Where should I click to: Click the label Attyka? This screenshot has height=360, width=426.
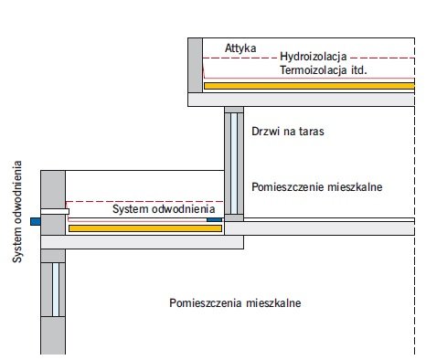240,48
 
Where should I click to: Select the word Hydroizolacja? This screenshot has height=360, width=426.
314,57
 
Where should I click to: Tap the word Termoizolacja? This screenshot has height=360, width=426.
314,70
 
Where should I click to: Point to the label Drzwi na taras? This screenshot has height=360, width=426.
288,132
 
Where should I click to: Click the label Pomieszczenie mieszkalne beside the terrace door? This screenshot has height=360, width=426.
317,186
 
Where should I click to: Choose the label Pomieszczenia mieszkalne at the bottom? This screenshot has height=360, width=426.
235,303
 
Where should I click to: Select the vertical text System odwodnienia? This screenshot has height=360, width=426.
17,212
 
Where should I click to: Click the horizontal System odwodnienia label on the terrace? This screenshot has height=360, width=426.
164,209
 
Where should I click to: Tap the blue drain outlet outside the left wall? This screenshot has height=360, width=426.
36,221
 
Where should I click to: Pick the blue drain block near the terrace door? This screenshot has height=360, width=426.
214,219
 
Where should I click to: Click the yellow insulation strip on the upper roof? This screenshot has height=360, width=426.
309,86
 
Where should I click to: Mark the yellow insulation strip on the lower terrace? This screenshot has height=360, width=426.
145,228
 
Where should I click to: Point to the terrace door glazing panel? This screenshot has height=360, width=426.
234,164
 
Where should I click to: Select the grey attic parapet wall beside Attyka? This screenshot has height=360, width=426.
195,65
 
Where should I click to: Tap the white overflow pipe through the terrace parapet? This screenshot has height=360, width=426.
55,211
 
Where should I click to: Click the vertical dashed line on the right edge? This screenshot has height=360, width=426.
414,196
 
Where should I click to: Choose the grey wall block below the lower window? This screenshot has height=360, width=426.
53,335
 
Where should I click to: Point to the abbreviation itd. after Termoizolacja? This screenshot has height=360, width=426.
359,70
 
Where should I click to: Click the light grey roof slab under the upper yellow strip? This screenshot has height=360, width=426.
301,100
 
